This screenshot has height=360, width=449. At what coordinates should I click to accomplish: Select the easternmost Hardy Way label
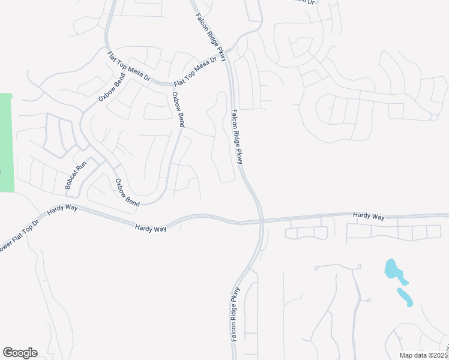[x=369, y=215]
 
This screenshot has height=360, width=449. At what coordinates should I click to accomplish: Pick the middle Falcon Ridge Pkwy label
[x=237, y=136]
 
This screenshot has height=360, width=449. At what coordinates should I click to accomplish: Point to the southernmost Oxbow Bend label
[x=127, y=193]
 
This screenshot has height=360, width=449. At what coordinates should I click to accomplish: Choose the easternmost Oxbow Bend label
[x=178, y=109]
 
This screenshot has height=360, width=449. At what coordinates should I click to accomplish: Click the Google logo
[x=20, y=353]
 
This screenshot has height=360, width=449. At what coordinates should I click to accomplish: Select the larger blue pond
[x=394, y=272]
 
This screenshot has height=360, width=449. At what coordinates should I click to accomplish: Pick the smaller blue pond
[x=405, y=296]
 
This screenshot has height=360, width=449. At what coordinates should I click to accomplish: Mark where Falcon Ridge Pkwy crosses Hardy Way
[x=261, y=221]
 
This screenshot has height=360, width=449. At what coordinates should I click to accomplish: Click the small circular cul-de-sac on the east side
[x=434, y=117]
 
